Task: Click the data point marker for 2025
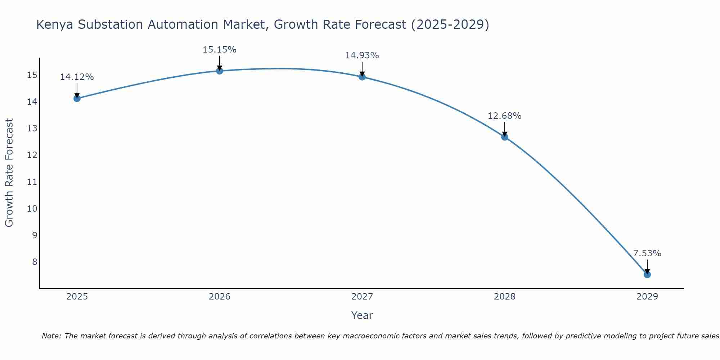(77, 98)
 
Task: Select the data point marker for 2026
(220, 71)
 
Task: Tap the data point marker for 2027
(362, 77)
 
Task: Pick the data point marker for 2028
(505, 137)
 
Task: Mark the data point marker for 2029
(647, 275)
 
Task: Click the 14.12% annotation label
(77, 77)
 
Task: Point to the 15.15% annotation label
(219, 50)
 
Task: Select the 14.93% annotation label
(362, 55)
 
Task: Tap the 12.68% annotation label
(504, 116)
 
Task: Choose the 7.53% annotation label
(647, 253)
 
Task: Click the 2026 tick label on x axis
(220, 297)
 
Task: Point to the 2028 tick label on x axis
(505, 297)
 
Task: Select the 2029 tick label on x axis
(647, 297)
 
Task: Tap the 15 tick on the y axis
(32, 75)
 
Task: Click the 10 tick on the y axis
(32, 209)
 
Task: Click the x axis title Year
(362, 315)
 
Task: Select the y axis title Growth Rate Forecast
(9, 173)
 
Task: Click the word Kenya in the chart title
(55, 24)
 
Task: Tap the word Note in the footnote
(51, 336)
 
